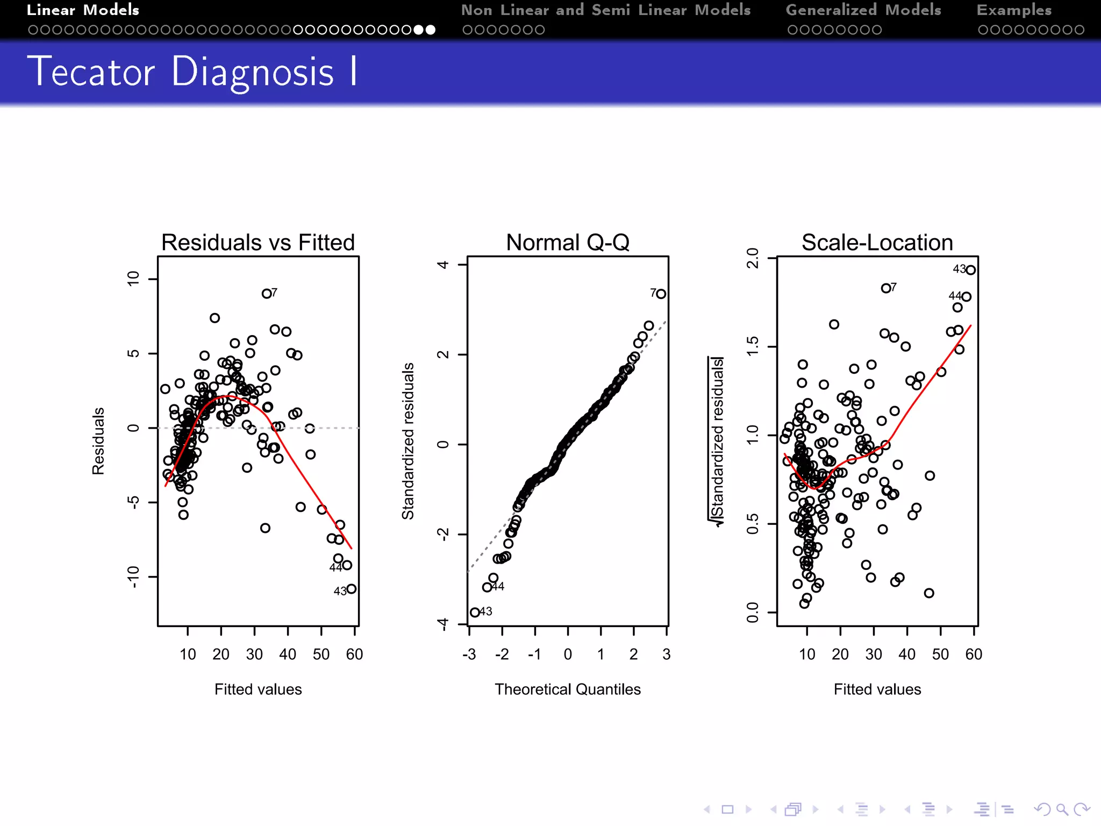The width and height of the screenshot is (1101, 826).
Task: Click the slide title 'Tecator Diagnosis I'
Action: (x=192, y=72)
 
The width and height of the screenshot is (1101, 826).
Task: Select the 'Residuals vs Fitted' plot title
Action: (x=258, y=243)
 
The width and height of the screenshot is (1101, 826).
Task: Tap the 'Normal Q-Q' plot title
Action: (x=568, y=243)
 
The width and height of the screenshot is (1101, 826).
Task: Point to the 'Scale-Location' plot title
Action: (x=877, y=243)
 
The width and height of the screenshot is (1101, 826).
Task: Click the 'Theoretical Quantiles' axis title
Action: (x=568, y=689)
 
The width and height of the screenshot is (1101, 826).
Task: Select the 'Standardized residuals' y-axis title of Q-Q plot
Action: (x=408, y=441)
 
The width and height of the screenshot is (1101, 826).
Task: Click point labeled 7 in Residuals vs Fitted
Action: (x=267, y=294)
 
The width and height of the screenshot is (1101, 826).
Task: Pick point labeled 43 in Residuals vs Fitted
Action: (x=352, y=589)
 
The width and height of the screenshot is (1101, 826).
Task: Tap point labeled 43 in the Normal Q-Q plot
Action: (x=475, y=613)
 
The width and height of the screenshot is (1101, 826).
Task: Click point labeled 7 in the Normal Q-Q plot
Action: (x=661, y=294)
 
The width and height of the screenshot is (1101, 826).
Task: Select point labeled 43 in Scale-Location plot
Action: (x=970, y=270)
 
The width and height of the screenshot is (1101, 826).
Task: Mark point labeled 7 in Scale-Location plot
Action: (x=885, y=289)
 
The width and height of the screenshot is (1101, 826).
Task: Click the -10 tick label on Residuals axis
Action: (x=133, y=576)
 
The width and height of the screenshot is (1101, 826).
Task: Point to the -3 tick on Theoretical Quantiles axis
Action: (x=469, y=654)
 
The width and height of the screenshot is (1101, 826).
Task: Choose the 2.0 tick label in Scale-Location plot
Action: (x=753, y=258)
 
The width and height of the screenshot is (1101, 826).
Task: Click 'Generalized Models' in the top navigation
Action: (x=863, y=10)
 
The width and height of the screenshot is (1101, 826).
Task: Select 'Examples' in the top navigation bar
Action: (x=1014, y=10)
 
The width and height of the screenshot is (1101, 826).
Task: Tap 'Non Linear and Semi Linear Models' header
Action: (x=606, y=10)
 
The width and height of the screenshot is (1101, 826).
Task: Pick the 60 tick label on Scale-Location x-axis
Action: (x=974, y=654)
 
